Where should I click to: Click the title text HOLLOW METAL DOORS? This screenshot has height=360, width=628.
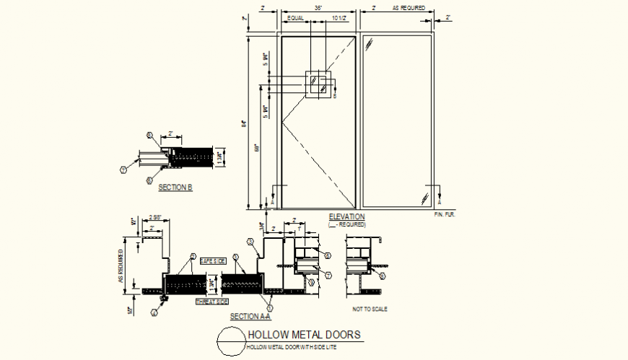coord(303,335)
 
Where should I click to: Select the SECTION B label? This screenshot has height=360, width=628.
coord(175,188)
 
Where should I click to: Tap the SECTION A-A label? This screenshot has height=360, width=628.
coord(250,316)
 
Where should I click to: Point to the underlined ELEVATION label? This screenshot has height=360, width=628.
coord(346,216)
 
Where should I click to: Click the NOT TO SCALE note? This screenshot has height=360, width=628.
coord(370,309)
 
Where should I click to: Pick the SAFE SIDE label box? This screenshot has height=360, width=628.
coord(212,260)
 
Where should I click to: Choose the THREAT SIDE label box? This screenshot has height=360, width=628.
coord(212,302)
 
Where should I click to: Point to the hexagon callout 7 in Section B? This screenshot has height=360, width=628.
coord(123,170)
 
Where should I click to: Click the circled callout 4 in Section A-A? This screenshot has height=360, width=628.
coord(154,312)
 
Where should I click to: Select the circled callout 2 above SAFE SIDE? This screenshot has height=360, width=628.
coord(193,256)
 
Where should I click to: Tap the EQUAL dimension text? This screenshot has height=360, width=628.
coord(295,17)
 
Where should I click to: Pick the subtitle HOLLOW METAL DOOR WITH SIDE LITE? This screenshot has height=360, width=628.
coord(292,348)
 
